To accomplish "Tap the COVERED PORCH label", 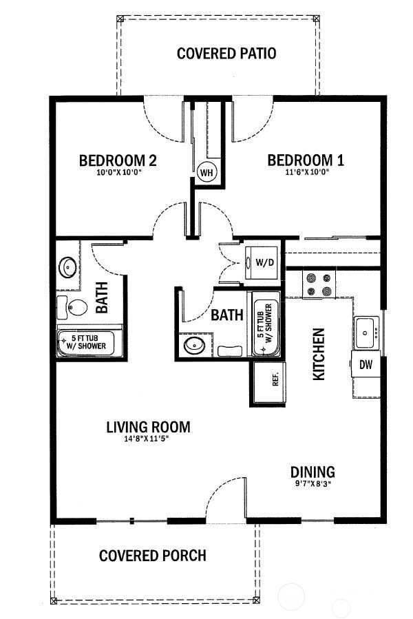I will tap(153, 555).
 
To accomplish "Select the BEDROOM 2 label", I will tap(118, 161).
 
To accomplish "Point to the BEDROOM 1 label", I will tap(306, 161).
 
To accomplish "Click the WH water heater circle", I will tap(206, 173).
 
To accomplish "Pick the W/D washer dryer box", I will tap(263, 262).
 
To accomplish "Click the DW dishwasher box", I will tap(366, 365).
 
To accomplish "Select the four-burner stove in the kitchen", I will tap(319, 285).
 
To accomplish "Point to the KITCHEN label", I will tap(319, 354).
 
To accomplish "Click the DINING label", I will tap(313, 472).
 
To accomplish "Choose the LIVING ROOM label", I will tap(148, 427).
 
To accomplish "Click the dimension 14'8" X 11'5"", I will tap(148, 440).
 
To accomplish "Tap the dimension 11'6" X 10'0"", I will tap(306, 173).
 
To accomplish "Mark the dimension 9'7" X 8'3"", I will tap(313, 485).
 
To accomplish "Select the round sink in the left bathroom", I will tap(67, 266).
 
